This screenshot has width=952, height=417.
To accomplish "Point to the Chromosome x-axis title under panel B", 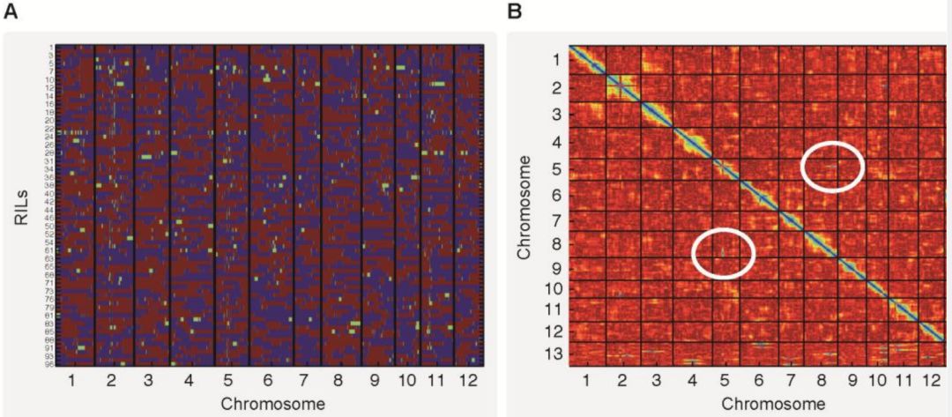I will [x=774, y=403].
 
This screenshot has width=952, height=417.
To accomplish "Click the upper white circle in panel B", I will [x=831, y=165].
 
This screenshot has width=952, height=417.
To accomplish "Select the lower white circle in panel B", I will [x=724, y=253].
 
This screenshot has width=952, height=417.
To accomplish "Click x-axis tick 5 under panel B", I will [x=724, y=382].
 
